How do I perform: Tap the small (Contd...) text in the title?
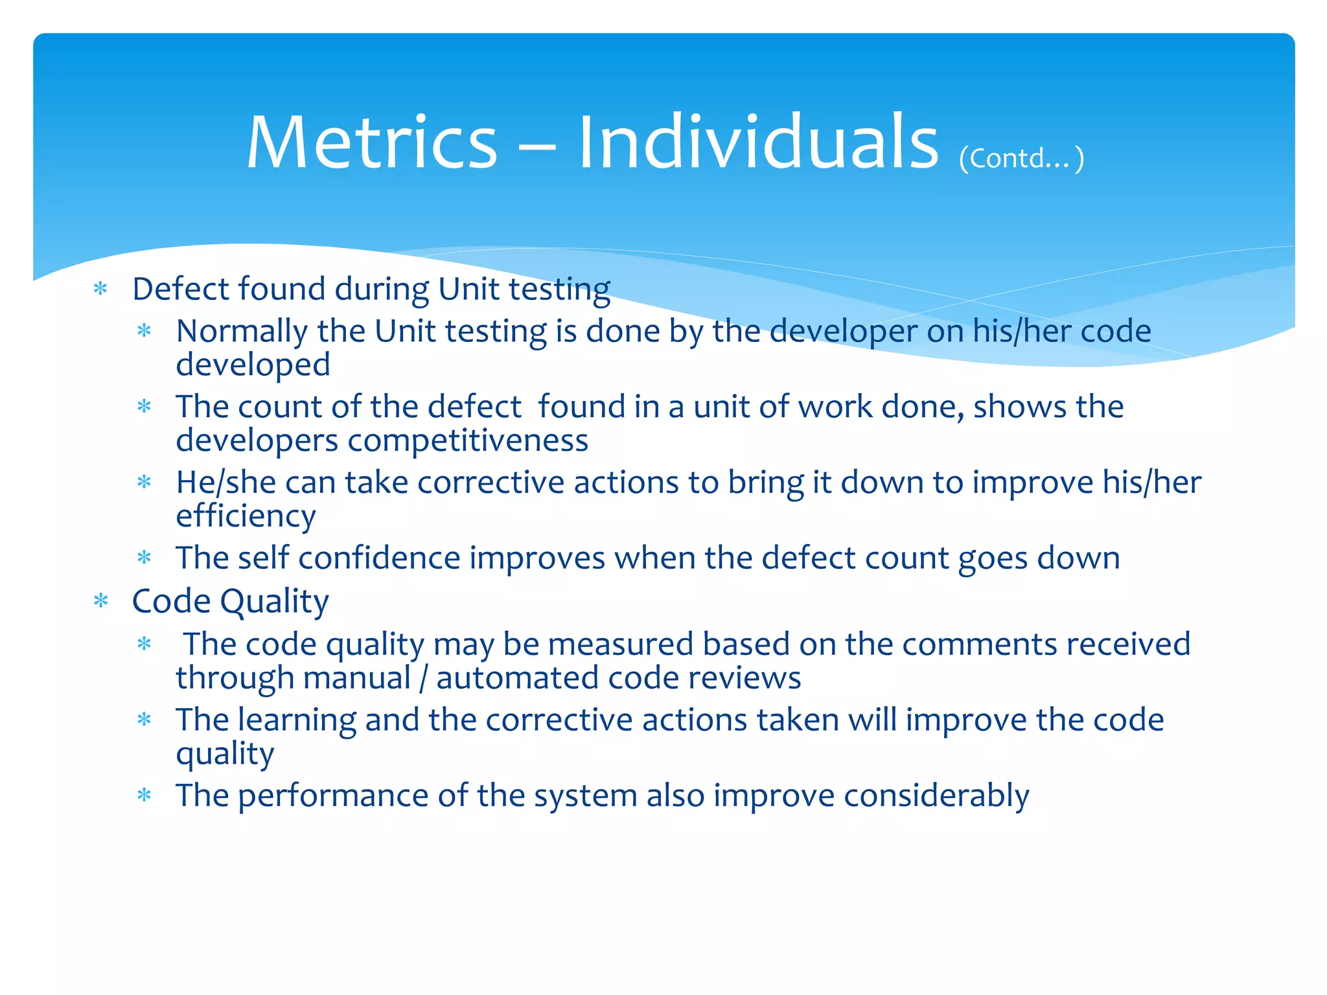click(x=1021, y=158)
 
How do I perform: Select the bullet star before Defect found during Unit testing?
click(x=100, y=289)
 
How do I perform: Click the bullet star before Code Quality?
click(x=100, y=601)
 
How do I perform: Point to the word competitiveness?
click(x=468, y=441)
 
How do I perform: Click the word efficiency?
click(x=246, y=516)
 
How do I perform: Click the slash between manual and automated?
click(x=424, y=678)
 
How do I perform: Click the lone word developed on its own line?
click(x=253, y=365)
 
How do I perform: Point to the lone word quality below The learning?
click(x=225, y=754)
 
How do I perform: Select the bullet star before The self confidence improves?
click(x=144, y=558)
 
